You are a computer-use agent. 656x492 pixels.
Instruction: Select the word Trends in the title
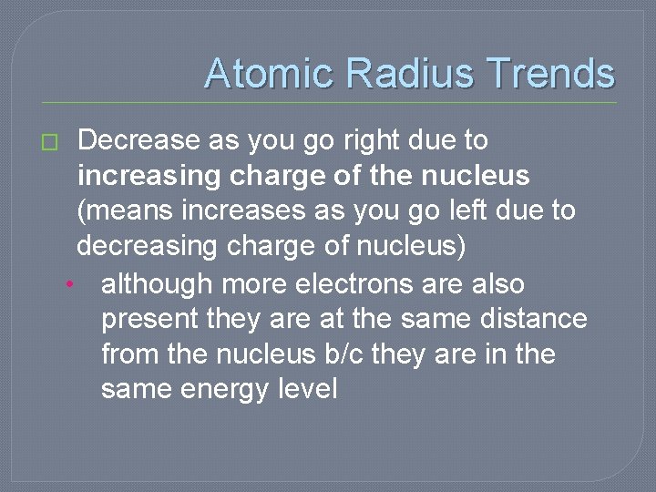[550, 73]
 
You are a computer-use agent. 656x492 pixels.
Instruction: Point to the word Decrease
[138, 140]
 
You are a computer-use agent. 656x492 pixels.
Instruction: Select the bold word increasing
[149, 175]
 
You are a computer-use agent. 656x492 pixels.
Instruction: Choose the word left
[450, 210]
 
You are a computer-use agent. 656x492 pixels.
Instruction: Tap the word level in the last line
[311, 389]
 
